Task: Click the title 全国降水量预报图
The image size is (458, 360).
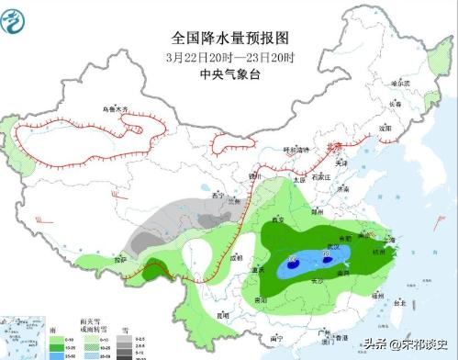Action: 229,39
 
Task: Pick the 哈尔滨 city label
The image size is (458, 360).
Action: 400,82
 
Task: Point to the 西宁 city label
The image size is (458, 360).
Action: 217,194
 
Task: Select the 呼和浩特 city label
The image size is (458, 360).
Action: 293,149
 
